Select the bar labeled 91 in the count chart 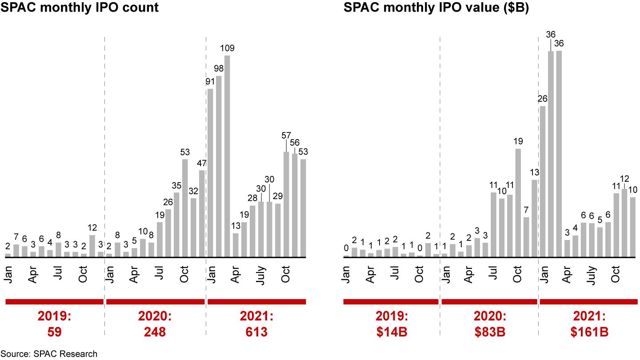tap(210, 173)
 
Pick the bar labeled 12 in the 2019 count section tap(92, 246)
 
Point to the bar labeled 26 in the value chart tap(543, 182)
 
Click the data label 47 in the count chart tap(202, 162)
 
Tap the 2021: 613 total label tap(256, 324)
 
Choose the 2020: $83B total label tap(489, 324)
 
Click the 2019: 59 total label tap(54, 324)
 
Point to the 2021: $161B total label tap(588, 324)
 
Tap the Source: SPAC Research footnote tap(48, 354)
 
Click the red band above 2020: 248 tap(155, 302)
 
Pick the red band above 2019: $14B tap(391, 302)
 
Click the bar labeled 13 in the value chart tap(535, 218)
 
